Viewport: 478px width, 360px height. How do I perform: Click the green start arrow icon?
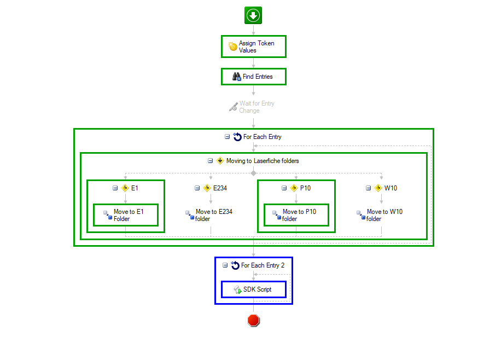click(253, 15)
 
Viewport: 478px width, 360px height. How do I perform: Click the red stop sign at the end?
click(253, 321)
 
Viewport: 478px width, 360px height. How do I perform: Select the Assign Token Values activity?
click(254, 47)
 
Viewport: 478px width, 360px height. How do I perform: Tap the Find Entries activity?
click(254, 77)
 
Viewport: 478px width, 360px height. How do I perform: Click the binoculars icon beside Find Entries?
click(237, 77)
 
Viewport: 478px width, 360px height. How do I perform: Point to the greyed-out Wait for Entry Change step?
click(252, 107)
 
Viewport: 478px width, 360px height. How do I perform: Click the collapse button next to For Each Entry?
click(227, 137)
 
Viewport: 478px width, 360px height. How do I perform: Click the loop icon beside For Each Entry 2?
click(235, 265)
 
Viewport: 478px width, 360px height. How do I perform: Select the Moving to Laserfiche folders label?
click(263, 161)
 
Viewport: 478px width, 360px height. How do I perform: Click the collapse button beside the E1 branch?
click(115, 188)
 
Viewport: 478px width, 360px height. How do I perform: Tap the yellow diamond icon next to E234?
click(207, 188)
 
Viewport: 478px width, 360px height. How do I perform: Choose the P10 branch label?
click(305, 188)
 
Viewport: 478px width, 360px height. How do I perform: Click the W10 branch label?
click(390, 188)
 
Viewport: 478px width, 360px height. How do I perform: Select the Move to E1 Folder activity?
click(126, 215)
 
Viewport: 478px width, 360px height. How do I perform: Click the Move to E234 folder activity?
click(209, 215)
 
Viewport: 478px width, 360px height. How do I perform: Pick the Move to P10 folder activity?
click(296, 215)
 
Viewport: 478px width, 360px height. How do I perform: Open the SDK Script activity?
click(254, 289)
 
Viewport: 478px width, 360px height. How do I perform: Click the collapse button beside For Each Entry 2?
click(225, 265)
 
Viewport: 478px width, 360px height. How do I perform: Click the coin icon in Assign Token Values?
click(233, 47)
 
